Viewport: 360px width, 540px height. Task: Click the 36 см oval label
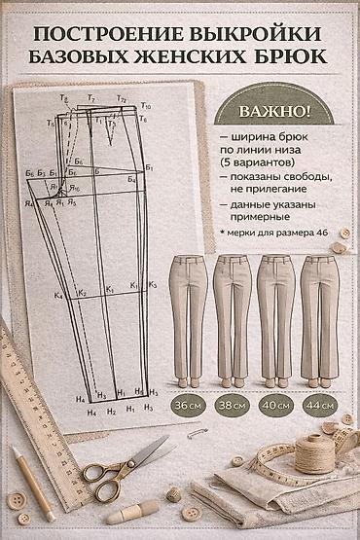(x=188, y=404)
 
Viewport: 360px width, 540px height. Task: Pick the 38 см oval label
(x=233, y=404)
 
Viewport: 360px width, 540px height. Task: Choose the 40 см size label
(x=275, y=404)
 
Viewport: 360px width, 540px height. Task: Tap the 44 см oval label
(x=318, y=404)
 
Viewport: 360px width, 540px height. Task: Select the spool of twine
(x=313, y=452)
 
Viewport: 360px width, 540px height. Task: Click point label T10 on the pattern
(x=145, y=103)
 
